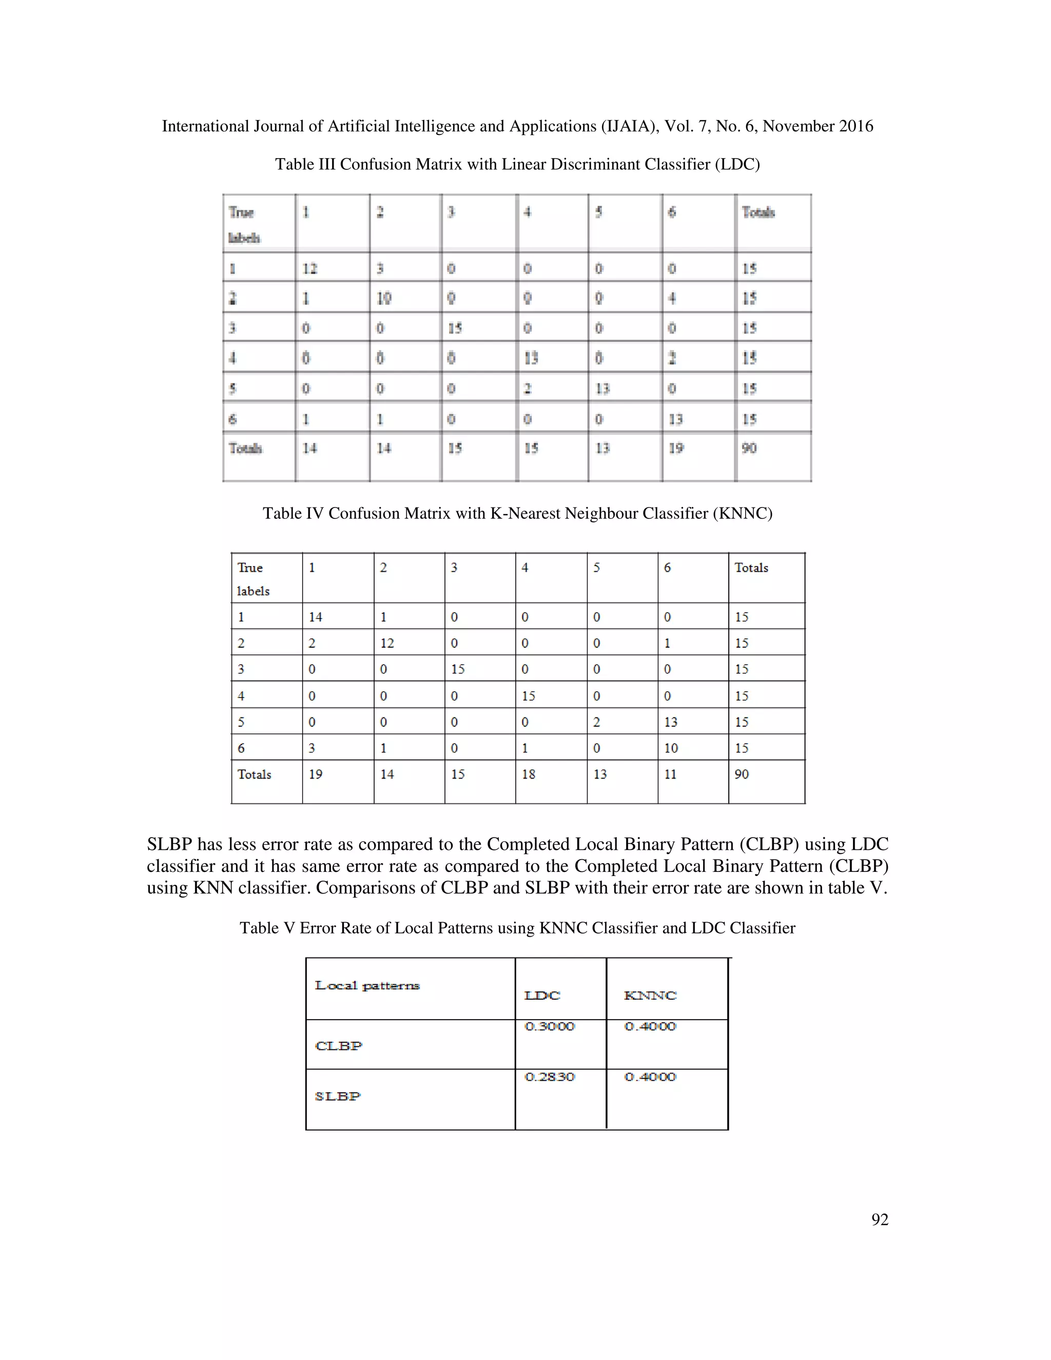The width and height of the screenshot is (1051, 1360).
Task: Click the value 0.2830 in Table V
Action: (549, 1077)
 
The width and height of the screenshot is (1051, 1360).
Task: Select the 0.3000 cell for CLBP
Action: (549, 1026)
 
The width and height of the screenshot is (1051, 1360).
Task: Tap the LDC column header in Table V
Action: (542, 995)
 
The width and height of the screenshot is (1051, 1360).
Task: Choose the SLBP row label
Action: (338, 1096)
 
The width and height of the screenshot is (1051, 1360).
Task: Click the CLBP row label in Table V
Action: (338, 1045)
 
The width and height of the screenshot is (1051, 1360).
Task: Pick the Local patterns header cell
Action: (367, 985)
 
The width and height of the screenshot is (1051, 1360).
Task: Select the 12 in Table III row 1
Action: (309, 268)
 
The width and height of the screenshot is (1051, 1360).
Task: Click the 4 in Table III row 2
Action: (672, 298)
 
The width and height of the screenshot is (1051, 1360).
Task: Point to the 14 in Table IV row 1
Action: (315, 617)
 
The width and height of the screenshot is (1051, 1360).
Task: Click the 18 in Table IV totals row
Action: (528, 774)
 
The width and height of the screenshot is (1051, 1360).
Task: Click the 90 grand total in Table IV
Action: (741, 774)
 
